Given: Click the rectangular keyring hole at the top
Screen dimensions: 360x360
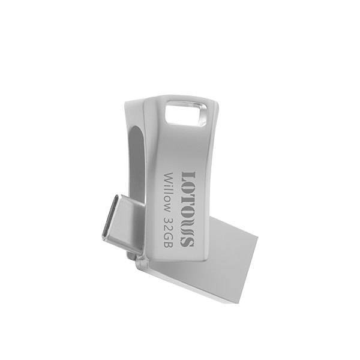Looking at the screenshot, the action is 186,113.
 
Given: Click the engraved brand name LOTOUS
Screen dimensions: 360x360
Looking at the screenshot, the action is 188,209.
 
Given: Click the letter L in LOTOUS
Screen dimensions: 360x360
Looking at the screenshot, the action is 188,178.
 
